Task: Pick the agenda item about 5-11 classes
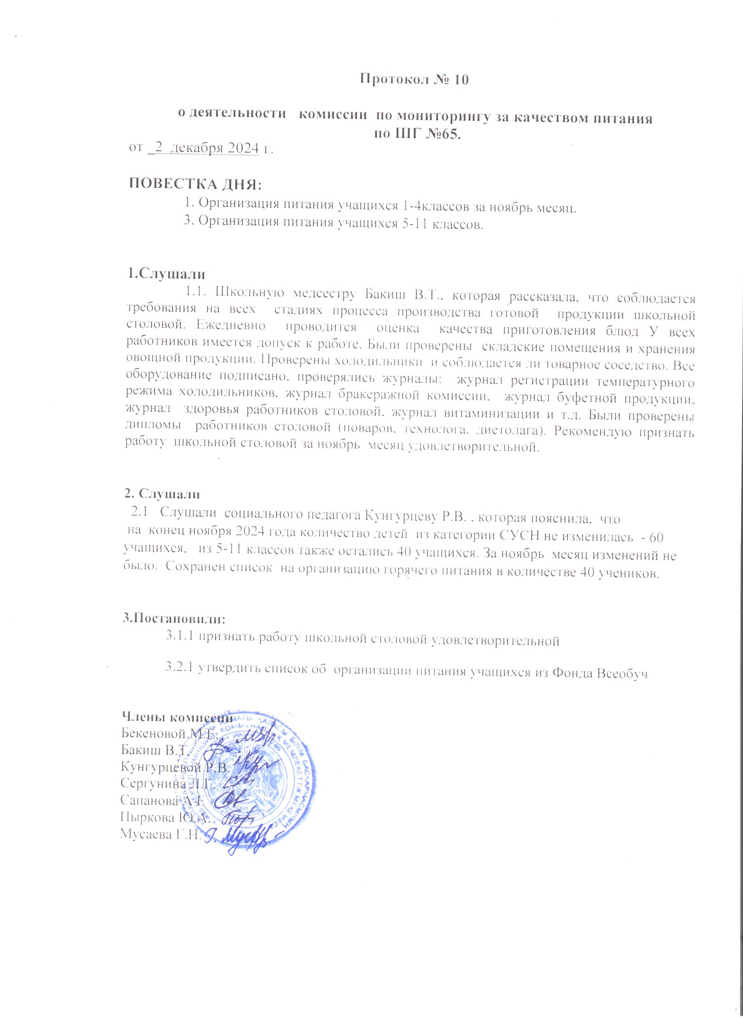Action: click(x=334, y=224)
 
